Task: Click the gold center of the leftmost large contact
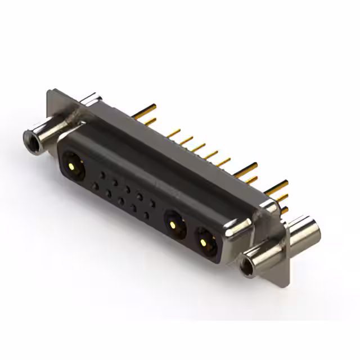point(72,166)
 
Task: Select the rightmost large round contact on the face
point(203,241)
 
